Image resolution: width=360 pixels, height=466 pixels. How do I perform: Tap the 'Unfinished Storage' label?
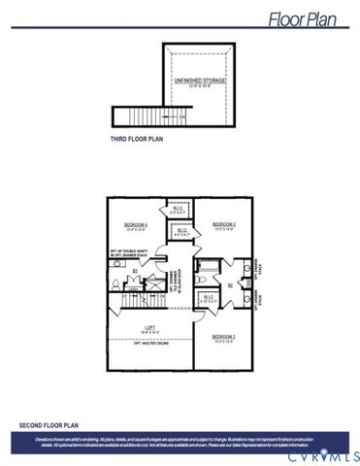[x=199, y=82]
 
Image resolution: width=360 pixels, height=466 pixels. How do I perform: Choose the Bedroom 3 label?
[x=224, y=226]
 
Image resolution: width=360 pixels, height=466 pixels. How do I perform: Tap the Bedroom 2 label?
[x=224, y=340]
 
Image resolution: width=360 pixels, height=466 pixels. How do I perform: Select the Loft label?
[x=149, y=327]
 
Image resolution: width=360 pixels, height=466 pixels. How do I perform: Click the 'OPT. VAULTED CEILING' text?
[x=149, y=343]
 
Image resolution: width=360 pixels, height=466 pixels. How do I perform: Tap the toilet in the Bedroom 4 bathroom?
[x=115, y=283]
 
